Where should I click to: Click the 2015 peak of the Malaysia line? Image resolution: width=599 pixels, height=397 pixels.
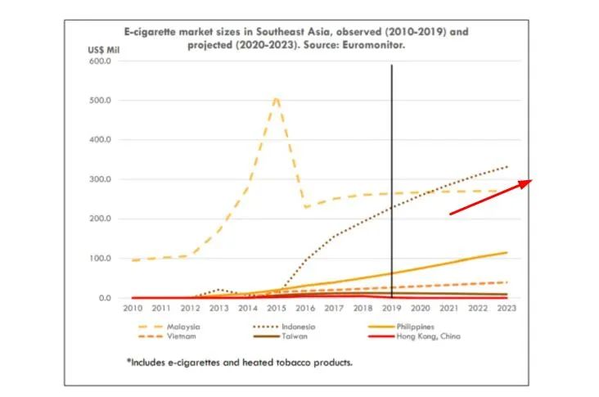tap(277, 98)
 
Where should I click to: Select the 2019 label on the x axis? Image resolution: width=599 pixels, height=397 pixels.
tap(392, 309)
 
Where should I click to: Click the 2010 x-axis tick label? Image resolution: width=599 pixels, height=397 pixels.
tap(133, 309)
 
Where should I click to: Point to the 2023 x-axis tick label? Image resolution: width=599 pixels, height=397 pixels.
tap(507, 309)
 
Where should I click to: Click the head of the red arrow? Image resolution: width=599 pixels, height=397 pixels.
tap(531, 182)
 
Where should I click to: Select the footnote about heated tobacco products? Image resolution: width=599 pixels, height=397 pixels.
tap(240, 361)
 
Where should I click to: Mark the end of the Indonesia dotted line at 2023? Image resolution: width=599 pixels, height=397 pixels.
tap(507, 167)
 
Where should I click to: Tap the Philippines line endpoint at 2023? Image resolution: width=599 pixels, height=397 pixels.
tap(507, 252)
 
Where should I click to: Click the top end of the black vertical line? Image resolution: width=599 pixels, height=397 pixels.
tap(392, 65)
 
